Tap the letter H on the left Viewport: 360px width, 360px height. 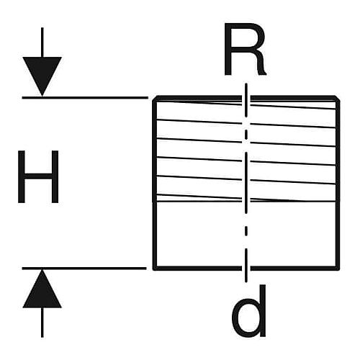(x=38, y=176)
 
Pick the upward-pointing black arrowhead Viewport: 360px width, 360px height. (x=42, y=289)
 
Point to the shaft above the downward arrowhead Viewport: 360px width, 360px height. (x=42, y=42)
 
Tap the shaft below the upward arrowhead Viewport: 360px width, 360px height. (x=42, y=323)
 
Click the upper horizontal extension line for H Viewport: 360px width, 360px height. (x=85, y=98)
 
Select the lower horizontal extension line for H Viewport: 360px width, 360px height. (x=84, y=269)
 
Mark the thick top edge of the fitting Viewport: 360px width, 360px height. (x=246, y=98)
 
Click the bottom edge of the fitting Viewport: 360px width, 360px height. (x=246, y=269)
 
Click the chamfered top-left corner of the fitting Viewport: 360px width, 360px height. (x=155, y=99)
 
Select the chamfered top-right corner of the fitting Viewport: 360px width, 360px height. (x=338, y=99)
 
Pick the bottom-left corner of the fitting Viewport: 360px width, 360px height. (x=155, y=269)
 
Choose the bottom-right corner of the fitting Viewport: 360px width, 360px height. (x=338, y=269)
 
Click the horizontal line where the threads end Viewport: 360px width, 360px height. (x=246, y=201)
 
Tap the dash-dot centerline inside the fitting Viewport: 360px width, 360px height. (x=246, y=182)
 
